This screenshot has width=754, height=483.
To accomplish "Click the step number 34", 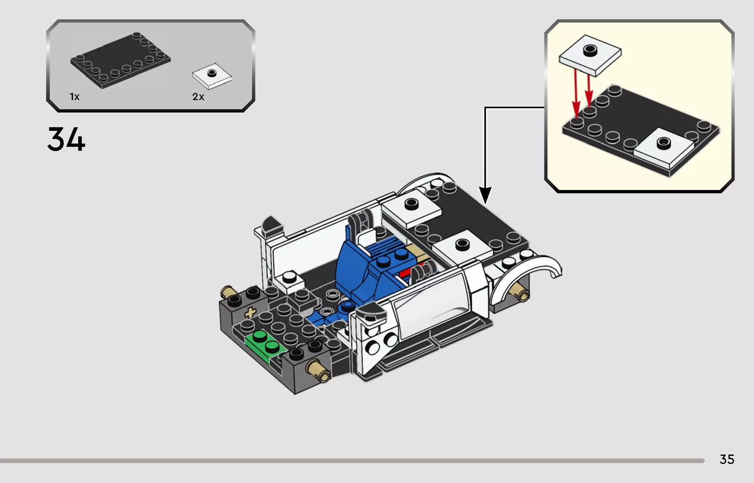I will click(66, 139).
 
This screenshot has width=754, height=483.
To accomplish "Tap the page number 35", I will click(727, 459).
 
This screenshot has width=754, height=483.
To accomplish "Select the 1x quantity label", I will click(75, 97).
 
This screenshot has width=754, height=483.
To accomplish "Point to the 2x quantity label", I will click(198, 97).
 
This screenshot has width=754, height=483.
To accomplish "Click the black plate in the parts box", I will click(120, 61).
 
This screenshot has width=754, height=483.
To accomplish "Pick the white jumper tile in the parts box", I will click(212, 76).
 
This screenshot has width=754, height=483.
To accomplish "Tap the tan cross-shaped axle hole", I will click(250, 313).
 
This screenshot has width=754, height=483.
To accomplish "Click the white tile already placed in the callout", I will click(664, 147).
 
